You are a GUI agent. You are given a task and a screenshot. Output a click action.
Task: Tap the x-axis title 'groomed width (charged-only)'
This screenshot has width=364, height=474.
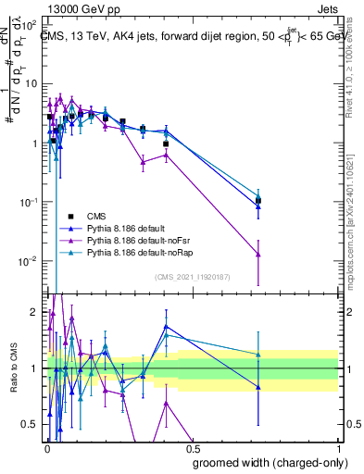(x=266, y=461)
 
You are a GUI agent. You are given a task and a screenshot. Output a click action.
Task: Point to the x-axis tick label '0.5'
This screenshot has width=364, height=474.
(x=192, y=446)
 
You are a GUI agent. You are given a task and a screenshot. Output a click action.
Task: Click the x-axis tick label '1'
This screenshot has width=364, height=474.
(x=338, y=446)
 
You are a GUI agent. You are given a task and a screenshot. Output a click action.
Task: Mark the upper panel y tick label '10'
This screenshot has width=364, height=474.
(x=29, y=83)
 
